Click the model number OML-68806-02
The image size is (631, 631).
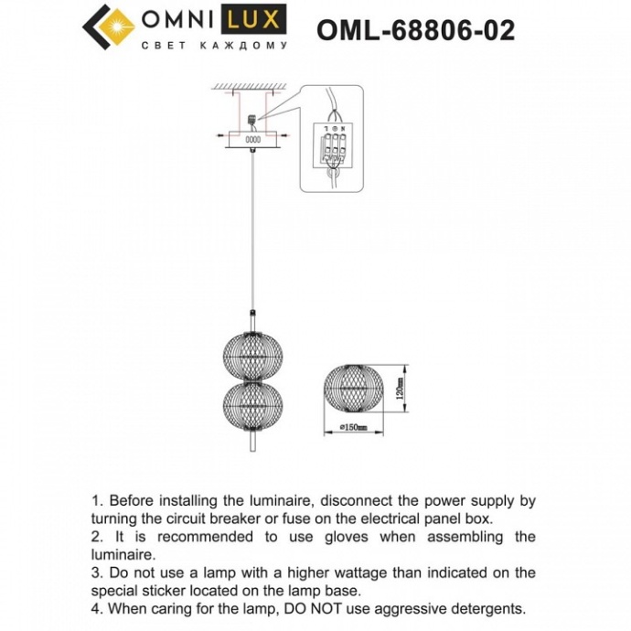click(415, 30)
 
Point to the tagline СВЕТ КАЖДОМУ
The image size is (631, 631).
click(213, 45)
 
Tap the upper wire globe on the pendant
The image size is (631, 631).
click(249, 350)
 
